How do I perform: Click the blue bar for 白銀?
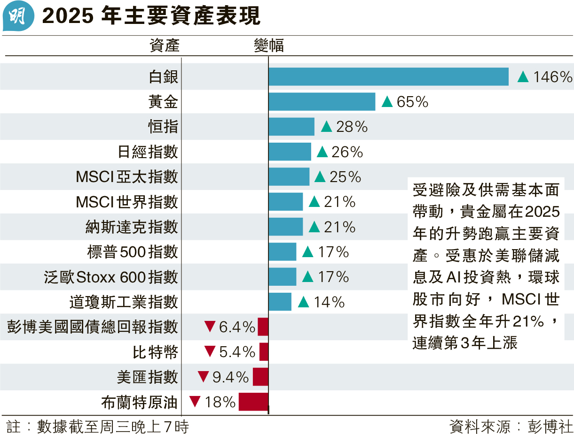click(388, 77)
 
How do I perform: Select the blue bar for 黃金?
click(322, 102)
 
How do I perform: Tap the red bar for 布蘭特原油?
click(253, 402)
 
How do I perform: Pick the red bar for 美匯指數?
click(260, 377)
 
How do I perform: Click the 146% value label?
click(552, 77)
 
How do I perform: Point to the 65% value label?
click(412, 102)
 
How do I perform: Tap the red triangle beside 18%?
click(196, 402)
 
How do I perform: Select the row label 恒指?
click(163, 127)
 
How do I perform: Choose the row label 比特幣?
click(156, 352)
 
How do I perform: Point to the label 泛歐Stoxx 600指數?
click(111, 277)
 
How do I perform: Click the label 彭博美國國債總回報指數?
click(93, 327)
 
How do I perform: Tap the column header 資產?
click(165, 46)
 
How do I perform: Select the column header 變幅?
click(268, 46)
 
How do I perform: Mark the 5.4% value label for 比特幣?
click(237, 352)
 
